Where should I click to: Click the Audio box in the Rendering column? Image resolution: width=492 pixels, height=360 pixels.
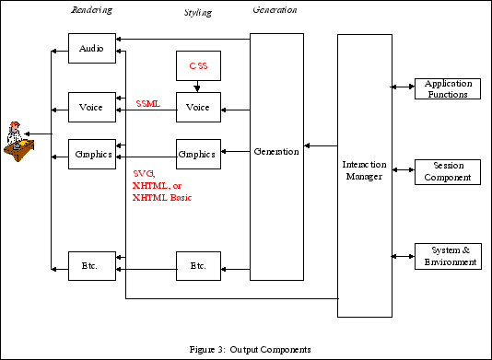click(x=92, y=48)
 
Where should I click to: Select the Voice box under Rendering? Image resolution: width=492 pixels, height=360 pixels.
click(x=92, y=108)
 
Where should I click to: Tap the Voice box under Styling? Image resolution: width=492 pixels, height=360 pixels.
click(x=198, y=108)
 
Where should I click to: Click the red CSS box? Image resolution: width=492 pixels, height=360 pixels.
click(x=198, y=67)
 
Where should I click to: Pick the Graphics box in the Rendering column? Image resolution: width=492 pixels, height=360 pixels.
click(x=92, y=154)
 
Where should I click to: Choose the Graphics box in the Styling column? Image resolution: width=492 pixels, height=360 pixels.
click(x=198, y=154)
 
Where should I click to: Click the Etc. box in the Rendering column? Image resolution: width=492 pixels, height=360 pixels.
click(x=92, y=267)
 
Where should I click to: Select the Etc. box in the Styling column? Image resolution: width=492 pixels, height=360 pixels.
click(x=198, y=267)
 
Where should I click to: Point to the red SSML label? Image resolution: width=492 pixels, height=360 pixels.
click(x=147, y=104)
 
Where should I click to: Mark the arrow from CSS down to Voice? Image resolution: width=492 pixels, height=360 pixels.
click(x=198, y=88)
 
